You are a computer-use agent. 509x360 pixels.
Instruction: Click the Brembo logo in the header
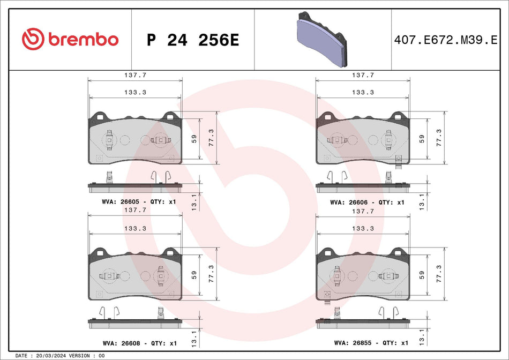70,39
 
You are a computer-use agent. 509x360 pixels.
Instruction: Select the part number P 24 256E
192,40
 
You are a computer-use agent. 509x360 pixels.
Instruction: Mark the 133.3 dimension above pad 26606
363,92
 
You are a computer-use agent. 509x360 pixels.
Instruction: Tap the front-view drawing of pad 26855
363,274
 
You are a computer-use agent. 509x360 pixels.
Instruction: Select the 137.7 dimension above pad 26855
363,212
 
